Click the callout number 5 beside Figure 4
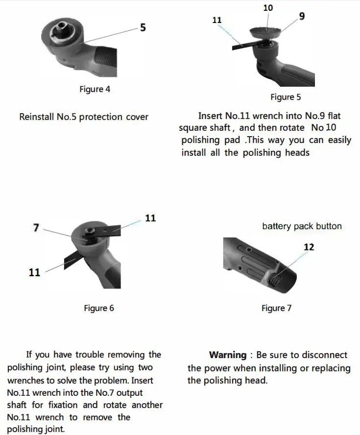click(143, 27)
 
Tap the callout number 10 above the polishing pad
click(268, 8)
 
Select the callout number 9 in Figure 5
click(302, 16)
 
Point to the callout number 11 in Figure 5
click(217, 20)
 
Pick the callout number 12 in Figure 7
click(309, 247)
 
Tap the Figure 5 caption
click(286, 97)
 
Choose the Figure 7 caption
click(276, 308)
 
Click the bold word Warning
click(228, 355)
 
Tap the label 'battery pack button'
click(302, 226)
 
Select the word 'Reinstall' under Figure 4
click(36, 117)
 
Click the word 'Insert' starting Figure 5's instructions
click(210, 116)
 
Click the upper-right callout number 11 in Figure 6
click(150, 218)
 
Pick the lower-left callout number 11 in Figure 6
click(34, 272)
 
